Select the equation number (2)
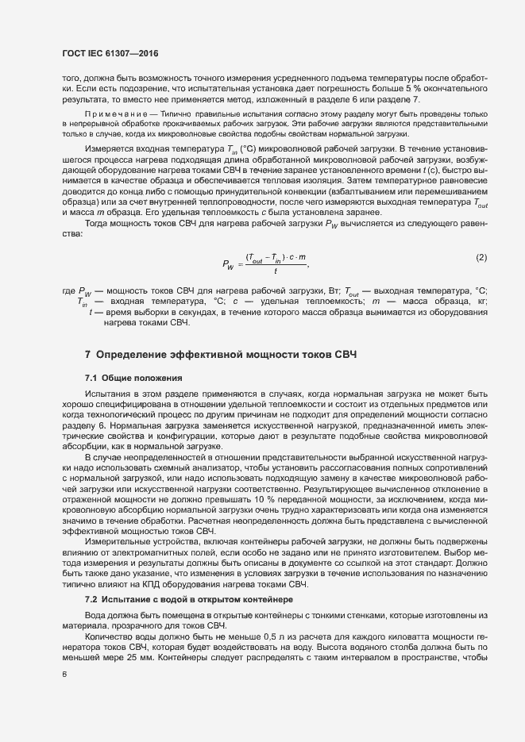(481, 259)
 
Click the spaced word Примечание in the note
(119, 114)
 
